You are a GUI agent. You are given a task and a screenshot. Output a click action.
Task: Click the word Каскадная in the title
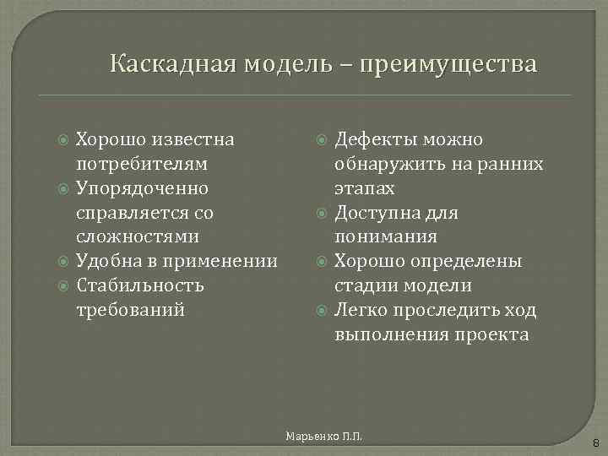174,64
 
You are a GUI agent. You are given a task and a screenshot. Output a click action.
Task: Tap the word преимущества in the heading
448,64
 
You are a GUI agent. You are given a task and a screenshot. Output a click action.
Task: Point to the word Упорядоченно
143,187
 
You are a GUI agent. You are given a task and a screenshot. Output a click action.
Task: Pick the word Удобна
105,261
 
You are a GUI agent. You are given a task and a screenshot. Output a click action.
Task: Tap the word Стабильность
140,285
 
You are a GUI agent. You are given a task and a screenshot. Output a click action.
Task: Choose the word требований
130,310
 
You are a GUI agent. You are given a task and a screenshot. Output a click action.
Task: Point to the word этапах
364,187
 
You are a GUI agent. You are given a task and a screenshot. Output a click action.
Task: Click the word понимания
386,236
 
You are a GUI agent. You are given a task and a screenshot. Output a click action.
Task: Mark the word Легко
361,310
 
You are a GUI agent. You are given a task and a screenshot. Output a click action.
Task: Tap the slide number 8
594,442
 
